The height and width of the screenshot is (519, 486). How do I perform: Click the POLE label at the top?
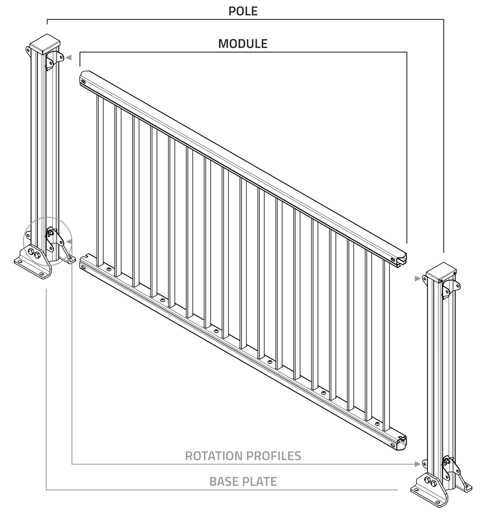point(243,11)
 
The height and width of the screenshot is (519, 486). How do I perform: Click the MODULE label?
point(243,44)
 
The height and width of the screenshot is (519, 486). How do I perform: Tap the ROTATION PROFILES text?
point(243,456)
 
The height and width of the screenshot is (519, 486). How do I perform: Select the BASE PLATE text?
point(243,481)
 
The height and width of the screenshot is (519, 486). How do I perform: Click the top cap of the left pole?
point(45,44)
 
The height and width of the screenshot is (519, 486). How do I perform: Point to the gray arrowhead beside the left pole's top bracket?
point(69,58)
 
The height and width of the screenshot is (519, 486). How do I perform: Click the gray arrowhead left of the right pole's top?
point(417,278)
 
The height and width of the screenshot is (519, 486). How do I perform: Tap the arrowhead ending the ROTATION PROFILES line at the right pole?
point(418,464)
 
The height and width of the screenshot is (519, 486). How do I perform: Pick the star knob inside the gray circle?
point(50,233)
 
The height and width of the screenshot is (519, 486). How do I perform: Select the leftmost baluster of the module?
point(100,180)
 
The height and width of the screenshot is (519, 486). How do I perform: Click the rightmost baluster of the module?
point(386,345)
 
